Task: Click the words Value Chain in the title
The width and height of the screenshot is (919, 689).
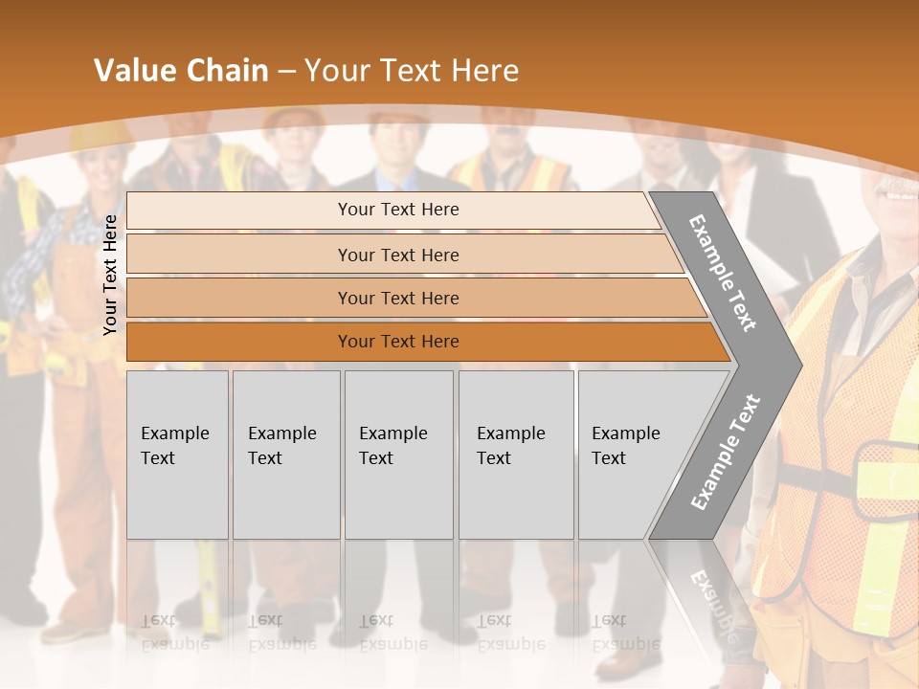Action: click(x=181, y=71)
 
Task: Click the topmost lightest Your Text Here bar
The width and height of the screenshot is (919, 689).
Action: click(x=397, y=210)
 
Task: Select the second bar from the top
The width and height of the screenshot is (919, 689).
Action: click(x=397, y=255)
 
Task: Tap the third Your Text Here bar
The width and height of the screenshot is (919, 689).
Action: click(x=397, y=298)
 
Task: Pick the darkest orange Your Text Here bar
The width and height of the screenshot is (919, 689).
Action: click(x=397, y=342)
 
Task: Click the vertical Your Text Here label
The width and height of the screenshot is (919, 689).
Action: click(x=110, y=275)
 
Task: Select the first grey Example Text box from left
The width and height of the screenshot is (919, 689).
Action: click(x=177, y=455)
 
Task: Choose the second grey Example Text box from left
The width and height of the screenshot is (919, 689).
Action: click(x=285, y=455)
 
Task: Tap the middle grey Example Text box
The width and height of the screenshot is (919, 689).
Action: click(x=398, y=455)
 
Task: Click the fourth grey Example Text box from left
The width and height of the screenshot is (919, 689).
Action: click(x=515, y=455)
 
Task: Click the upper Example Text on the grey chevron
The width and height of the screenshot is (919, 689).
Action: click(x=723, y=273)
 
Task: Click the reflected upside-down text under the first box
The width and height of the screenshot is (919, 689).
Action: click(x=174, y=632)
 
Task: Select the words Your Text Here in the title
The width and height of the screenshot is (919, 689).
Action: click(x=412, y=71)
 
